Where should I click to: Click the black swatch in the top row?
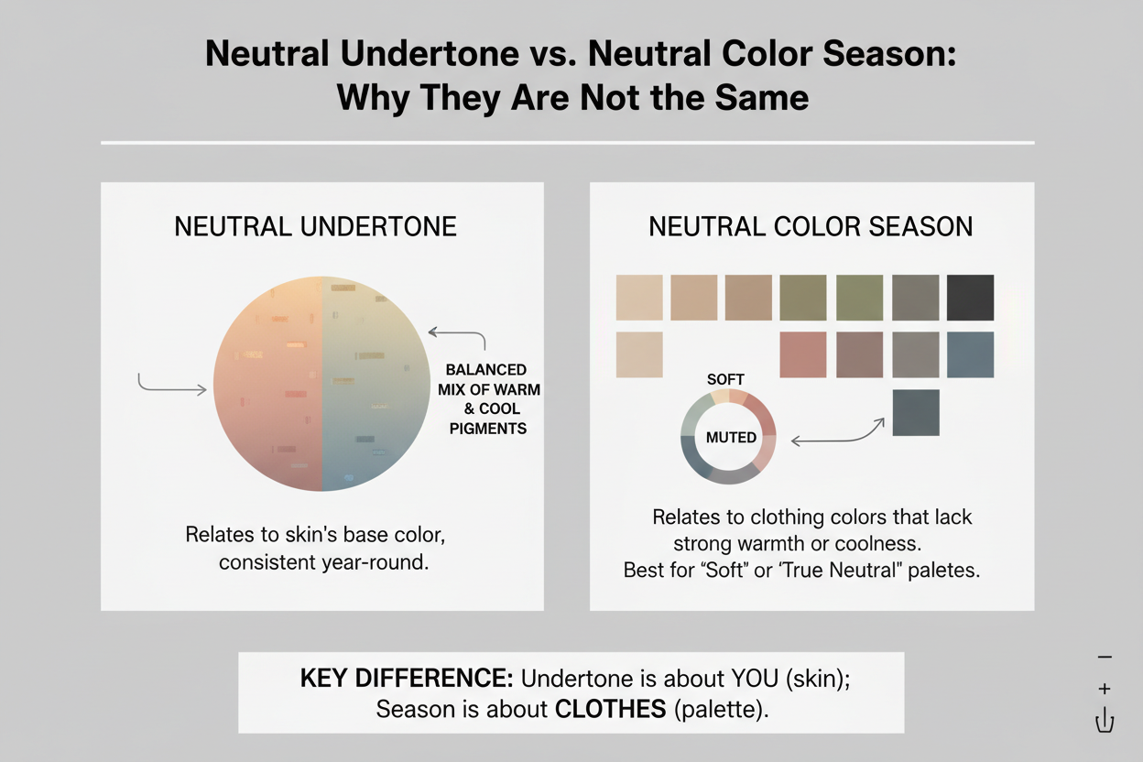[970, 297]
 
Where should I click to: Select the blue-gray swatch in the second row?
[970, 354]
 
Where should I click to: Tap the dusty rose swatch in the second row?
[802, 354]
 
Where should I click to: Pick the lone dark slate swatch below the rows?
[915, 412]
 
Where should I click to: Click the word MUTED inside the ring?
[731, 437]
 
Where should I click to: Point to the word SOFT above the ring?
[726, 379]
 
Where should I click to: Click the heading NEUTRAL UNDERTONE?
[315, 226]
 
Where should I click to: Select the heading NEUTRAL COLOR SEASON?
[811, 226]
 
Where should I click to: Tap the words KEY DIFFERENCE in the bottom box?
[407, 679]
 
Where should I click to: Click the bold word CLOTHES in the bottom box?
[613, 709]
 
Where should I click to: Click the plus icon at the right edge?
[1105, 688]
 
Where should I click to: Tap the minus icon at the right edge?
[1105, 658]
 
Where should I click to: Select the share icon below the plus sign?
[1105, 720]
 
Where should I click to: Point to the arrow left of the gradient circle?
[171, 386]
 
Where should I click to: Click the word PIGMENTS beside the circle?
[488, 428]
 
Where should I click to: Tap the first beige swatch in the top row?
[639, 297]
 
